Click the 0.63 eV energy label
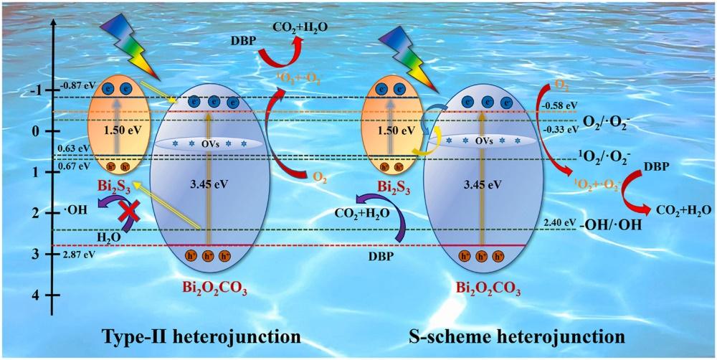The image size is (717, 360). pos(72,149)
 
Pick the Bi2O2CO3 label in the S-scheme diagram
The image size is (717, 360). pos(487,288)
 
